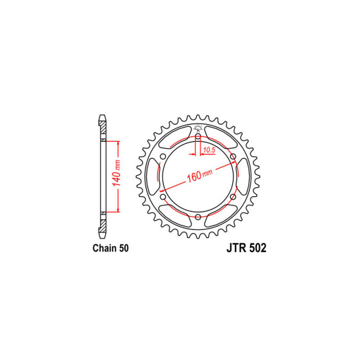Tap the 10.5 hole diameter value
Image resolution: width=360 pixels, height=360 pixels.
pyautogui.click(x=209, y=151)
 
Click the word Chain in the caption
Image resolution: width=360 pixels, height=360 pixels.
pyautogui.click(x=104, y=249)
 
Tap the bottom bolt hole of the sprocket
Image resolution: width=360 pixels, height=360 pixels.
pyautogui.click(x=198, y=217)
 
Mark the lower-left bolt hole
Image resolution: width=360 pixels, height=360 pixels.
pyautogui.click(x=163, y=196)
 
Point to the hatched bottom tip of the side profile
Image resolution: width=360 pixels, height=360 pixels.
pyautogui.click(x=102, y=228)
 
